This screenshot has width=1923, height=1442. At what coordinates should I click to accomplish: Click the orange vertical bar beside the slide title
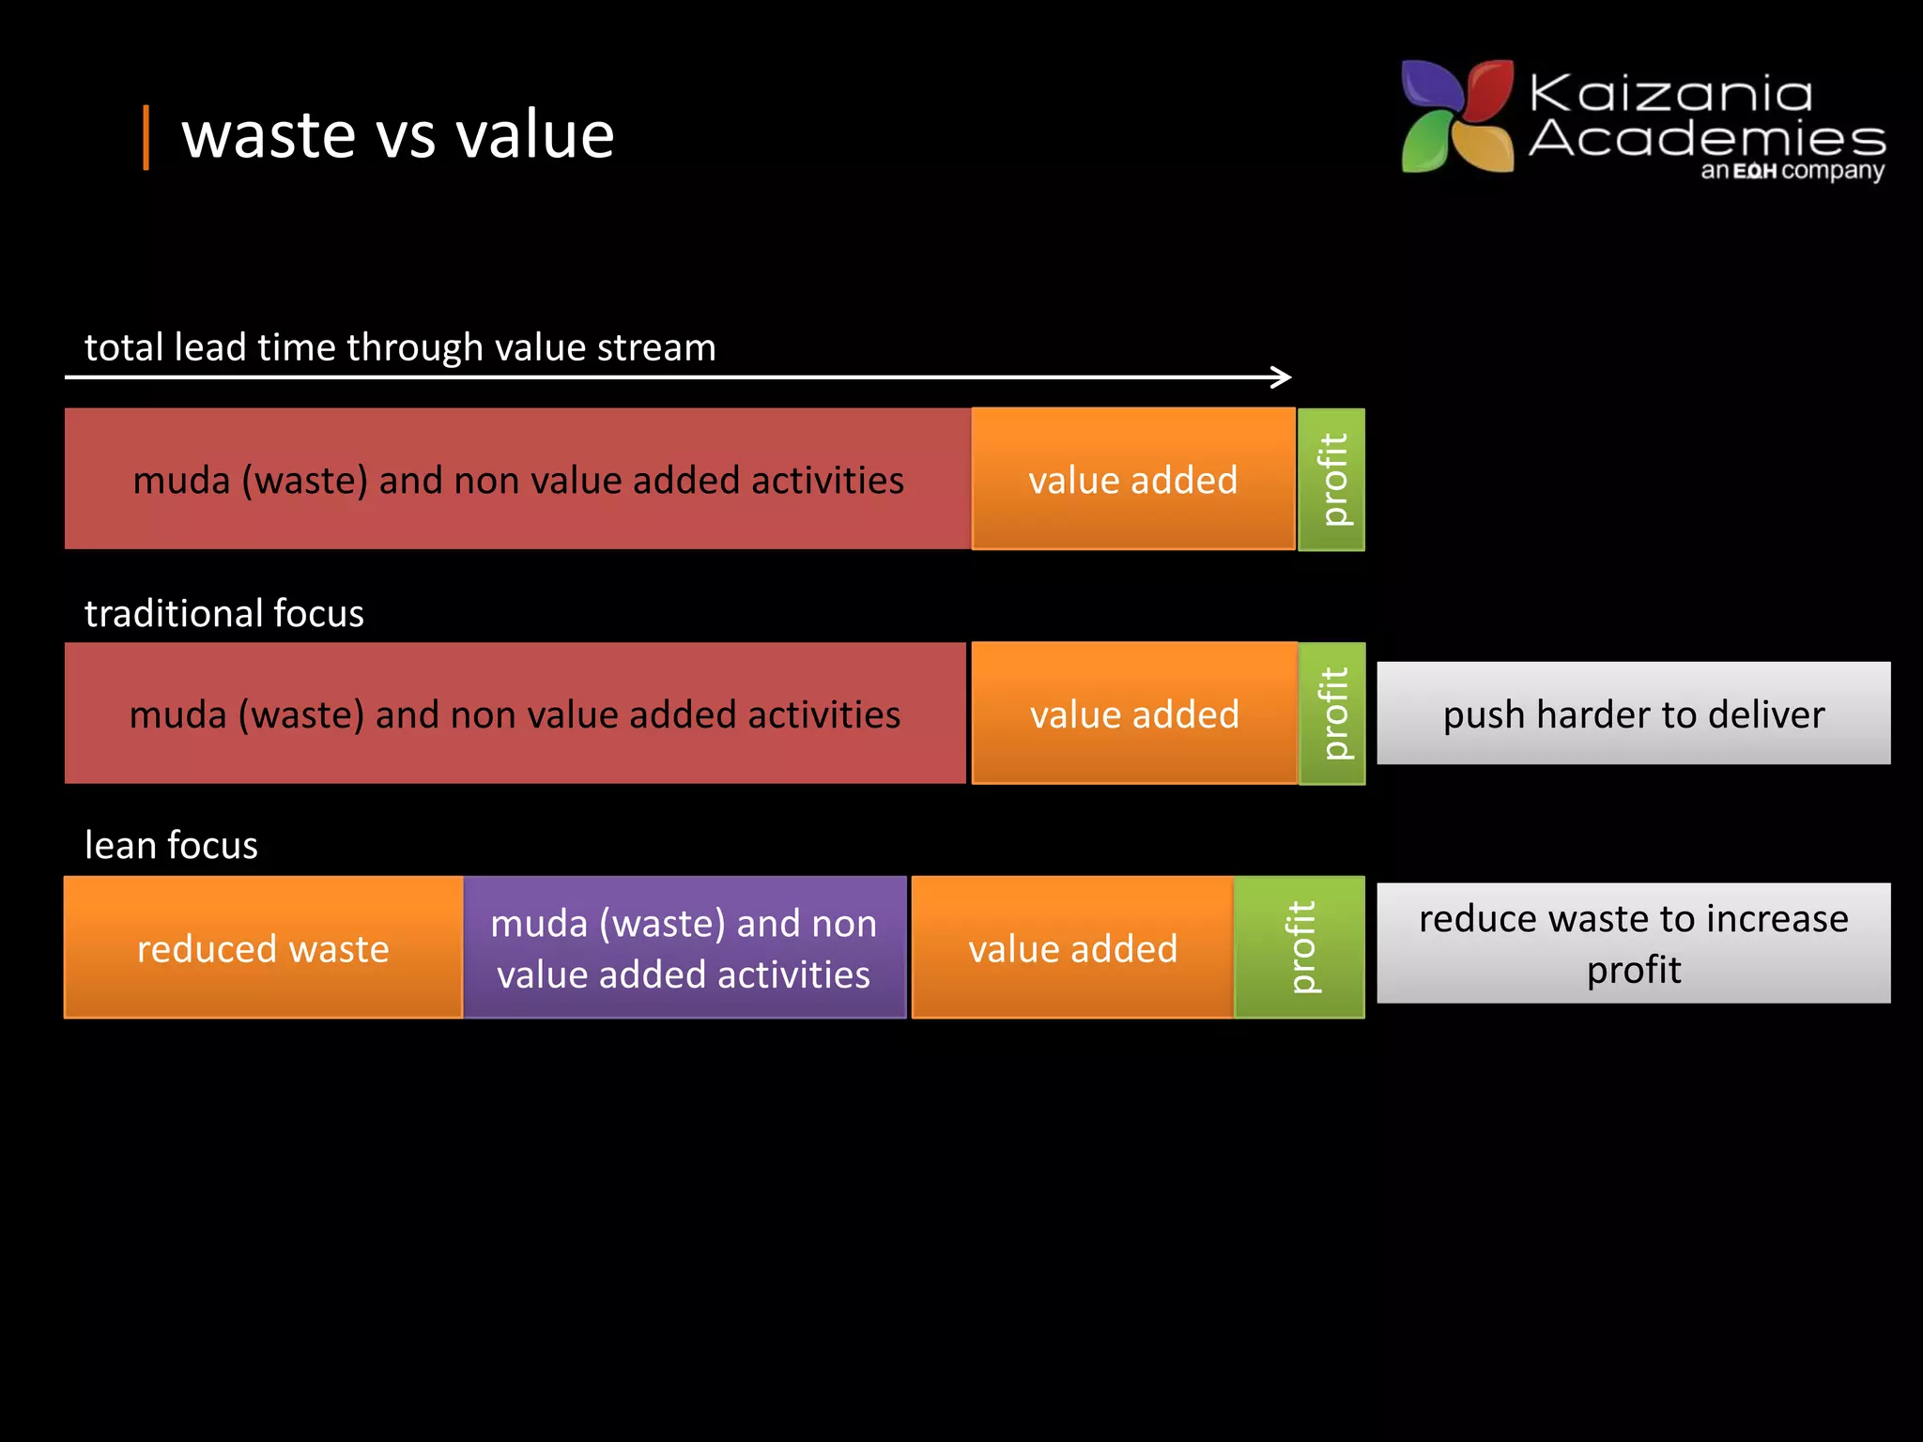coord(146,138)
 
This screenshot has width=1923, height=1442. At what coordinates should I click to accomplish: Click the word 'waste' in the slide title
coord(269,136)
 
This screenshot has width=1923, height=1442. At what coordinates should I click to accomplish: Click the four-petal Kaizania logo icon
coord(1456,116)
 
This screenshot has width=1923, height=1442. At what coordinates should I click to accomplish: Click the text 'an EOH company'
coord(1792,171)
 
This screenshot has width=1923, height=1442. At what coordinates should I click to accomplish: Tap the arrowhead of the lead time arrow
coord(1283,377)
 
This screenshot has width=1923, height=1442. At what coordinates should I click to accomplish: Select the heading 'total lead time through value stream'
coord(400,347)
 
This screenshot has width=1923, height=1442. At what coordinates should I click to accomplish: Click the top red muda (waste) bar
coord(517,479)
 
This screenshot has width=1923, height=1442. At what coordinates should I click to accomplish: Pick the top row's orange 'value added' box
coord(1132,479)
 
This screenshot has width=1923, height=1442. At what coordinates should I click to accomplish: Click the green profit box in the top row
coord(1331,480)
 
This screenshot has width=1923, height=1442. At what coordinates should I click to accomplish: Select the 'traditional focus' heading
coord(223,613)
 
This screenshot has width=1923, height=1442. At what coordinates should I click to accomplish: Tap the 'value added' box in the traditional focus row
coord(1133,713)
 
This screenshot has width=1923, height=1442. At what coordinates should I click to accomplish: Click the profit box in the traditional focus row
coord(1331,713)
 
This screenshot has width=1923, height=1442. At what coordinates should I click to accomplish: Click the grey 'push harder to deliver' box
coord(1633,713)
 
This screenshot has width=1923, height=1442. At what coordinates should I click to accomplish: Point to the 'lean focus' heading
coord(171,845)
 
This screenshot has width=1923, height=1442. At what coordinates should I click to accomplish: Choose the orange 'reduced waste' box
coord(263,947)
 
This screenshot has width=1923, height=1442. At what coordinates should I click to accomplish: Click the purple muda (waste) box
coord(684,947)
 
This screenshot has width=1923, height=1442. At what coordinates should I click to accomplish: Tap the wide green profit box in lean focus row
coord(1299,947)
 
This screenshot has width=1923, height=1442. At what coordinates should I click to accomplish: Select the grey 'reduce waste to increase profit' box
coord(1633,943)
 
